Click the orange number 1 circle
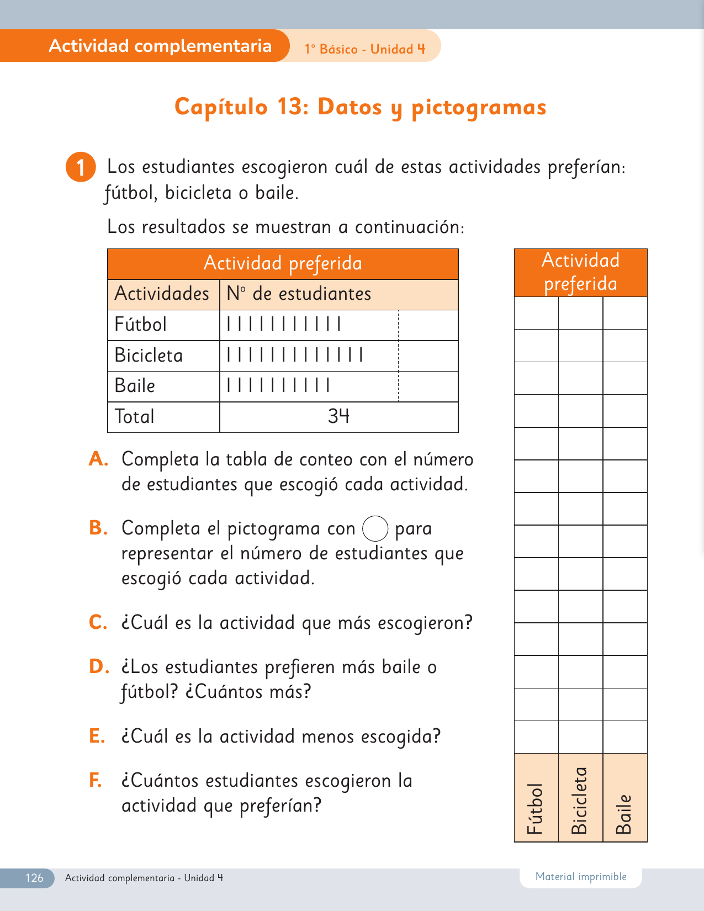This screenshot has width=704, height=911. point(81,167)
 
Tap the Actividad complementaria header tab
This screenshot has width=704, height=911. point(160,46)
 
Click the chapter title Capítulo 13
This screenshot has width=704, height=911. point(360,107)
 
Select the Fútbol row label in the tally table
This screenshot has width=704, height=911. point(140,324)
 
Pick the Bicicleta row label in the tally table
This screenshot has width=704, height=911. point(149,355)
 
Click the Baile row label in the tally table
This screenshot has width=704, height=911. point(135,385)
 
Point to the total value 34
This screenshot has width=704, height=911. point(338,416)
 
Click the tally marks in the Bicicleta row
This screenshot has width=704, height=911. point(295,354)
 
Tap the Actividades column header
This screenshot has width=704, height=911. point(162,294)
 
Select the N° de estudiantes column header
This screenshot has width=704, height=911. point(299,294)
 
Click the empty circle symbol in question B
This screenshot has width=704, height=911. point(375,528)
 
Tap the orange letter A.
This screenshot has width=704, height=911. point(98,459)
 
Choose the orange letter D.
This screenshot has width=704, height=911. point(99,666)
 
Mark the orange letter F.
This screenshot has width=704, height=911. point(96,780)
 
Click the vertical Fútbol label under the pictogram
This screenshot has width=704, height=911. point(535,808)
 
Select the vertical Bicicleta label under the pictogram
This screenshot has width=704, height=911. point(579,801)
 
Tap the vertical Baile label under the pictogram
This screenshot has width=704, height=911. point(623,814)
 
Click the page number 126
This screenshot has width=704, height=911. point(34,878)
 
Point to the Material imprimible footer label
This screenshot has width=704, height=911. point(581,877)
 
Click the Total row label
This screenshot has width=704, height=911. point(134,416)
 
